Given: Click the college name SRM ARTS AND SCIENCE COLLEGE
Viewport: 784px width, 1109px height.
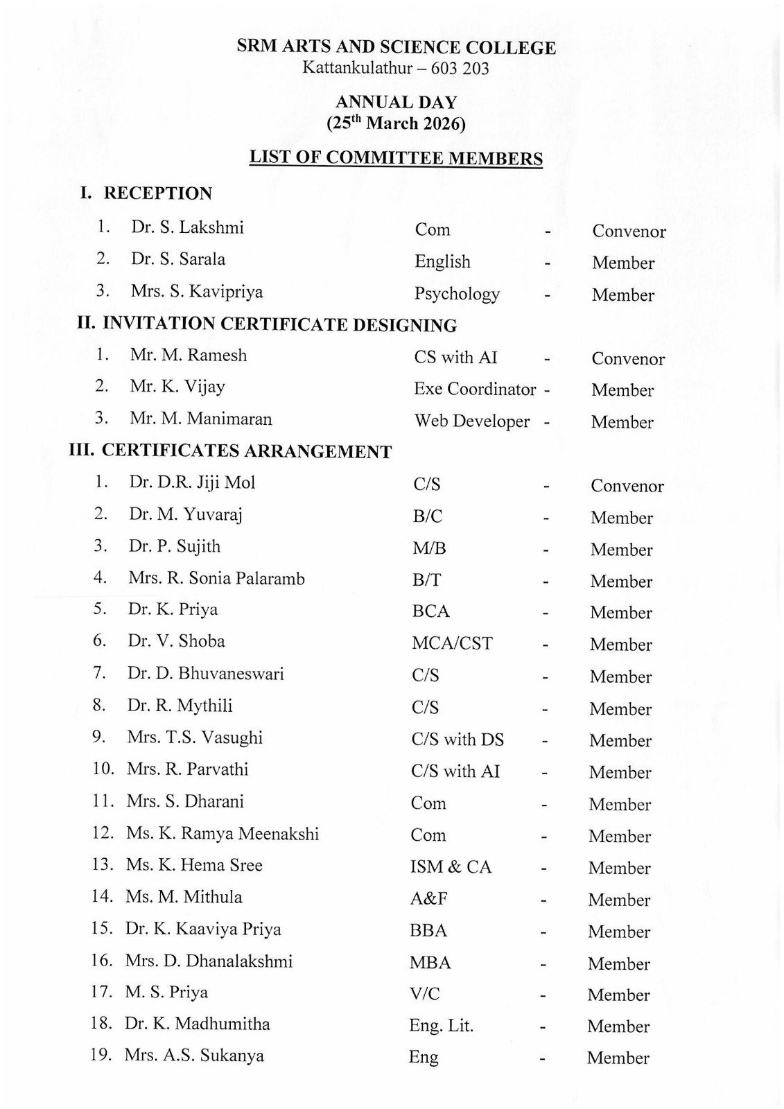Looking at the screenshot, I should tap(396, 48).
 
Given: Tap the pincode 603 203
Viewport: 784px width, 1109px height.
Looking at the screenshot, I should tap(460, 69).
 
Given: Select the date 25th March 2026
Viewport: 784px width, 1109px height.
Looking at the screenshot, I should tap(396, 123).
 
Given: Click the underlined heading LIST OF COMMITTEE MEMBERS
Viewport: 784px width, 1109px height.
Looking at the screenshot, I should tap(396, 158).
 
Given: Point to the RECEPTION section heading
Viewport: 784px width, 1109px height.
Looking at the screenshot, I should tap(157, 193).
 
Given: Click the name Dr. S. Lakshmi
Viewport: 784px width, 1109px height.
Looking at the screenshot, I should tap(187, 227).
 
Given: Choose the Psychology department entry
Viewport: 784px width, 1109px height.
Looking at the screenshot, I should tap(457, 294).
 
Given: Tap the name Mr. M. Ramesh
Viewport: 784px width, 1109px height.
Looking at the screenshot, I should tap(188, 355).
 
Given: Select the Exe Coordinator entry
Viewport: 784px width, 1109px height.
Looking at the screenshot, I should tap(475, 390).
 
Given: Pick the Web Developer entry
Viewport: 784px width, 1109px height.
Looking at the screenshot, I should tap(472, 421).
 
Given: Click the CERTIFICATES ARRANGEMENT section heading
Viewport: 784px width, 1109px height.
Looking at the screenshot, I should tap(246, 452).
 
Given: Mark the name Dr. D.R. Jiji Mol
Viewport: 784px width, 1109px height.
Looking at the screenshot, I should tap(192, 482).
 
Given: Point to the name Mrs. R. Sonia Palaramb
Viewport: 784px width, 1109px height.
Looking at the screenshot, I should tap(216, 578).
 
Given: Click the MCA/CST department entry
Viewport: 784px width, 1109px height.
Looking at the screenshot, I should tap(452, 643).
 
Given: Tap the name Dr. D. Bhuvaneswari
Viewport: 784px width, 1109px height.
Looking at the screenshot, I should tap(205, 673).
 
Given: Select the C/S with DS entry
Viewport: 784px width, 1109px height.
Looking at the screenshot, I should tap(458, 740).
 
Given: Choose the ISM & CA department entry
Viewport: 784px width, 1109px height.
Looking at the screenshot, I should tap(451, 867).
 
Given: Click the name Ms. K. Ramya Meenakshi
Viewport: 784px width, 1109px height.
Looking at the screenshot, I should tap(222, 833).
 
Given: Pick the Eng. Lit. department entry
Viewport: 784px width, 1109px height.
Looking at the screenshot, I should tap(441, 1026).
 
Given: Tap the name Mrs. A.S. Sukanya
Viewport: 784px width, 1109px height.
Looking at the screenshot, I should tap(194, 1056).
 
